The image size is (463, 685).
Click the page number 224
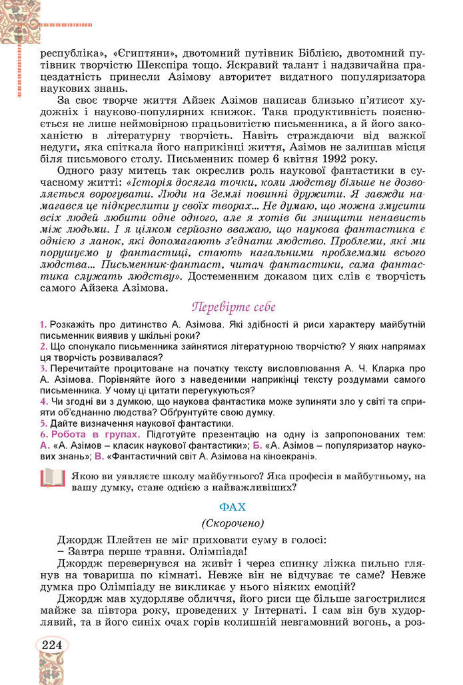pos(51,644)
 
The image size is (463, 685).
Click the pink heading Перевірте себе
pos(233,307)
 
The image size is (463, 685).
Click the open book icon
pos(53,478)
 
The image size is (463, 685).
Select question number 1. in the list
pos(43,324)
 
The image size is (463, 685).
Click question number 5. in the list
pos(43,423)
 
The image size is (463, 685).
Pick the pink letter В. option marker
pos(99,457)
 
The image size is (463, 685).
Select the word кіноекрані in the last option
pos(288,457)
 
